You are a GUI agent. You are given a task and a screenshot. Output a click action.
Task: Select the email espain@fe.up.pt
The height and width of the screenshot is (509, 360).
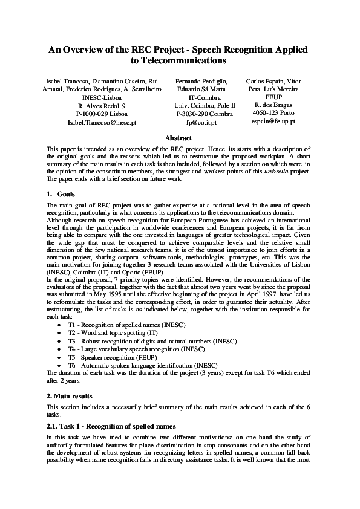pos(273,122)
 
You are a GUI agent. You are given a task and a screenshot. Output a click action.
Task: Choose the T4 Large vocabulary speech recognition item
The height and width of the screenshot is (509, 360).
pos(129,349)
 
